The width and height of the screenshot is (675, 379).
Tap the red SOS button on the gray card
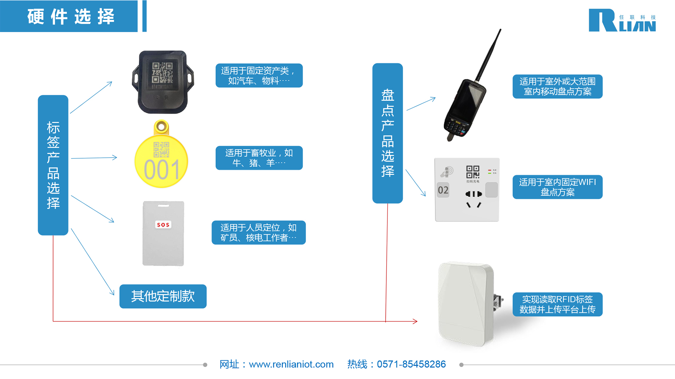tap(163, 225)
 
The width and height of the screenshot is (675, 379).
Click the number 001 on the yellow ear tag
tap(162, 170)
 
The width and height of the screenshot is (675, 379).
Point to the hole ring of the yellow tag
tap(161, 126)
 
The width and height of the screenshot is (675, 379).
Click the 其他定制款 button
tap(163, 296)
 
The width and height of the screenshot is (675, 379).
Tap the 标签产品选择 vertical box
tap(53, 165)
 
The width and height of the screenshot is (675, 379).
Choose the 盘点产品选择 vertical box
tap(387, 133)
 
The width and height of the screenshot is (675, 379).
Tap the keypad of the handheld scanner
tap(456, 127)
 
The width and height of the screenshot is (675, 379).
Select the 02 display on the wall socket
tap(443, 190)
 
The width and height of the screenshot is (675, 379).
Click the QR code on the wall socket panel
tap(472, 172)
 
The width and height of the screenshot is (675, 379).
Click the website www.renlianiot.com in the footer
tap(291, 364)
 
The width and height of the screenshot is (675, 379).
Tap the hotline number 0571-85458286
tap(411, 364)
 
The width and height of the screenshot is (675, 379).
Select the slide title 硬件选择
tap(71, 16)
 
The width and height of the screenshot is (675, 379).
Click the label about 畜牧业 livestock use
tap(259, 158)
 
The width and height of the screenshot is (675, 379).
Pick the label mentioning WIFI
tap(557, 187)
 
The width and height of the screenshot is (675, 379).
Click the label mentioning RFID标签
tap(557, 304)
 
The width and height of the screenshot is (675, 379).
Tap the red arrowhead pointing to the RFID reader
tap(415, 321)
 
